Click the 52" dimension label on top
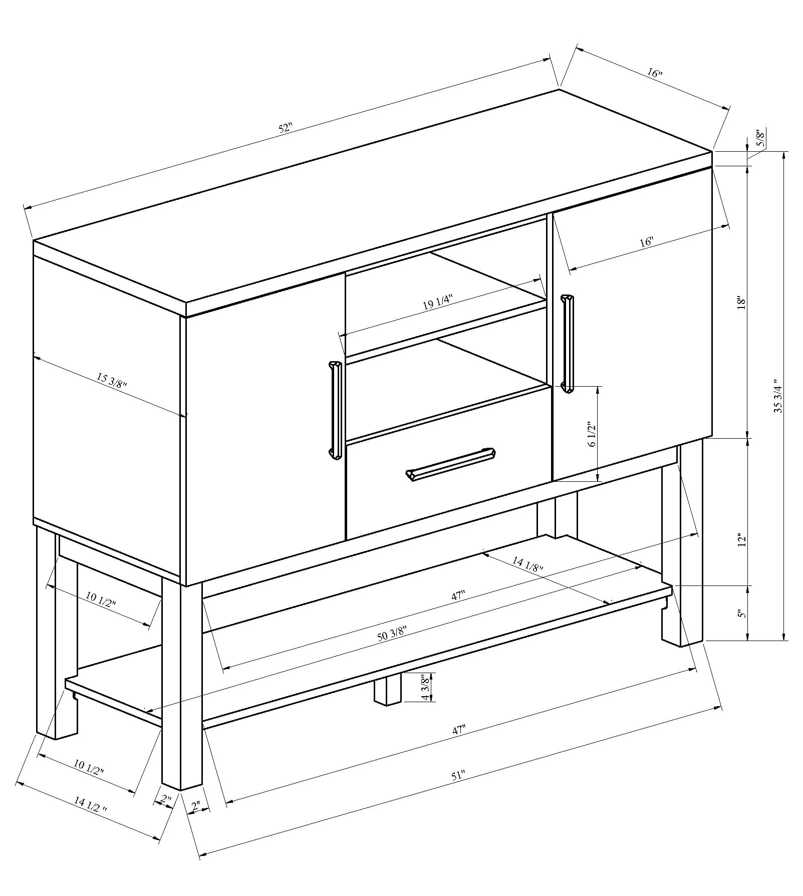[285, 128]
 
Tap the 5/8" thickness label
[760, 138]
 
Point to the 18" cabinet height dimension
[742, 303]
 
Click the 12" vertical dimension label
[742, 540]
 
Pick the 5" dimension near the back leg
[742, 614]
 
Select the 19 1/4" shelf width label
[438, 303]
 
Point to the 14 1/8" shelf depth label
[527, 565]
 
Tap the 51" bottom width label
[458, 790]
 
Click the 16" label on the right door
[646, 241]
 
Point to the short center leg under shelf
[387, 691]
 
